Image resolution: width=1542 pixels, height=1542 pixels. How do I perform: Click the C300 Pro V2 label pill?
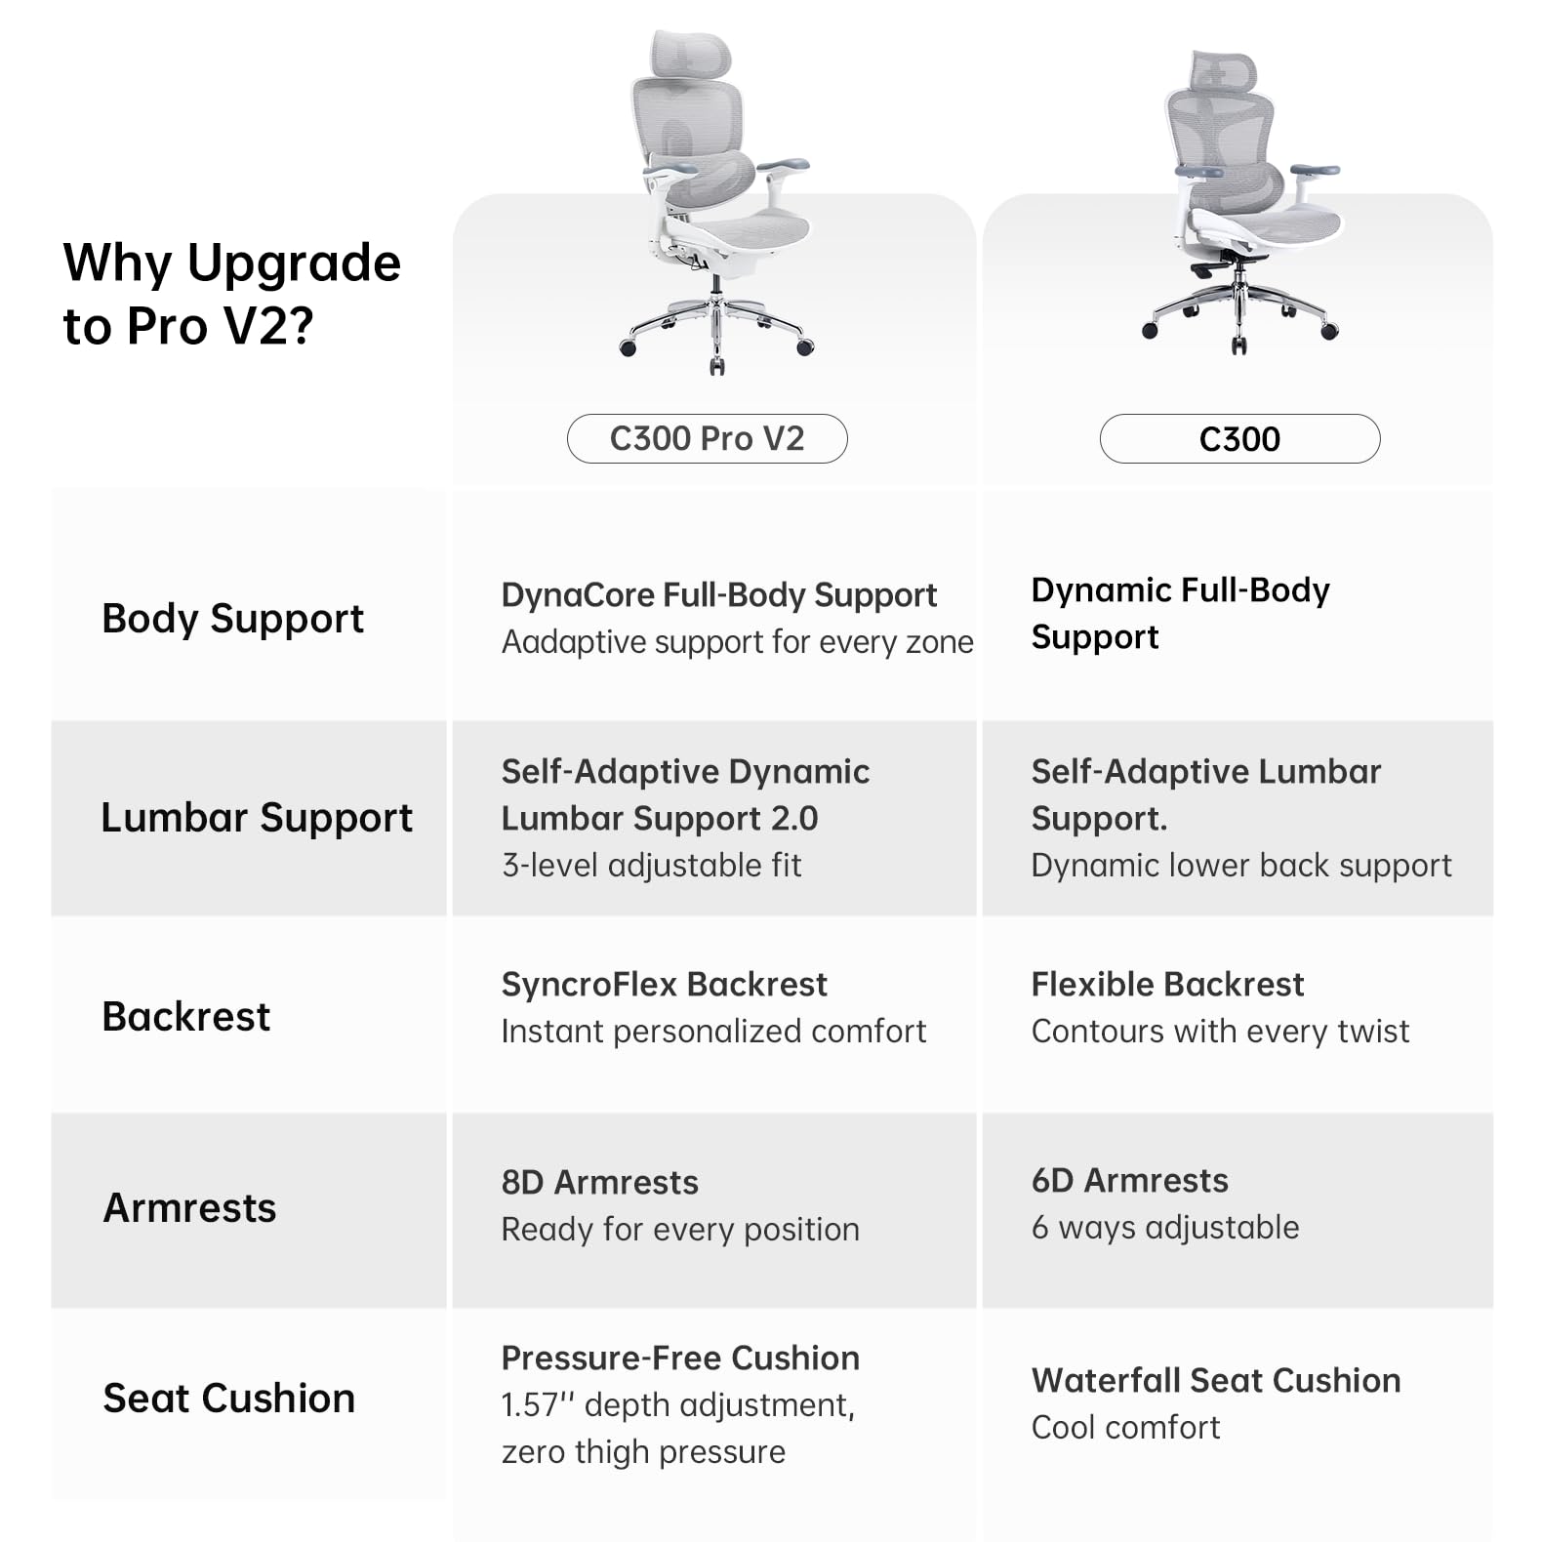pyautogui.click(x=707, y=438)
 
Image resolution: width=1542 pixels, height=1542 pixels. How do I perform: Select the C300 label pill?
pyautogui.click(x=1239, y=438)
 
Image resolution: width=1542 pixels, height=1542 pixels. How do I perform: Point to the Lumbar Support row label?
pyautogui.click(x=257, y=818)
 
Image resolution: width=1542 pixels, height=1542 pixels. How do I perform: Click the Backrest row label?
pyautogui.click(x=186, y=1016)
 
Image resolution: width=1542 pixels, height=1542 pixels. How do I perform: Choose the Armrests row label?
pyautogui.click(x=190, y=1208)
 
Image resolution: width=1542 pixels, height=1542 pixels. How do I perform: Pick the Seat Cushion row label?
pyautogui.click(x=229, y=1399)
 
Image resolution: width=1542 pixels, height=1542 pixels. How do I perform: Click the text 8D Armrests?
pyautogui.click(x=599, y=1182)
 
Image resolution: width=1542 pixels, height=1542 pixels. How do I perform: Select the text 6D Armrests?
pyautogui.click(x=1129, y=1180)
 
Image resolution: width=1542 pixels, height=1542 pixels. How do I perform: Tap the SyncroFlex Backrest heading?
pyautogui.click(x=664, y=984)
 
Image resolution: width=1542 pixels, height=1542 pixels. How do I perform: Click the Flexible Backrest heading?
pyautogui.click(x=1167, y=984)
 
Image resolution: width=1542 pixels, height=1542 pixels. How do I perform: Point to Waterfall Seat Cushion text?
pyautogui.click(x=1216, y=1380)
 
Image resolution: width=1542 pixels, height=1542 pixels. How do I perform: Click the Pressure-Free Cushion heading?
pyautogui.click(x=680, y=1358)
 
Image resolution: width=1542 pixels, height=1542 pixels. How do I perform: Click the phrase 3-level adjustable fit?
pyautogui.click(x=651, y=866)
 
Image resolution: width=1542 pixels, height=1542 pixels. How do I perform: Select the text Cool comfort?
pyautogui.click(x=1125, y=1427)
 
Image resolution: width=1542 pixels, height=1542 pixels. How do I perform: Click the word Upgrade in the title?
pyautogui.click(x=293, y=264)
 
